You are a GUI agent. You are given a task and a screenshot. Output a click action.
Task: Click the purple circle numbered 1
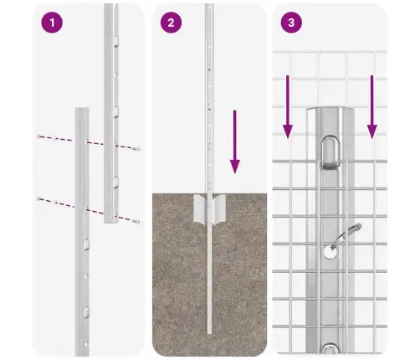[52, 23]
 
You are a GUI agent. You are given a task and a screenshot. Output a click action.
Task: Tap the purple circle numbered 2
[172, 23]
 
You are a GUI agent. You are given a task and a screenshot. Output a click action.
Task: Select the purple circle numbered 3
[290, 23]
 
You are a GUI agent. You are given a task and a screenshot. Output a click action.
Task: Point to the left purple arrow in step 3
[287, 105]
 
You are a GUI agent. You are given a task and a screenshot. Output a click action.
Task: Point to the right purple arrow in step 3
[372, 105]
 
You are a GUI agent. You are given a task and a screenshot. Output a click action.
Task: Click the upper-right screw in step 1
[137, 148]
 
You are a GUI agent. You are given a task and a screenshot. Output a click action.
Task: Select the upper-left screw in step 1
[38, 136]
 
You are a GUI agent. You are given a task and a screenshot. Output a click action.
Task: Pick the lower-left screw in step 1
[38, 199]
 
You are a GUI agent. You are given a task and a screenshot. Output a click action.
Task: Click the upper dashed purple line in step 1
[88, 141]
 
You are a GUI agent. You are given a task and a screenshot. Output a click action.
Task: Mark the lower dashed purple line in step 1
[87, 209]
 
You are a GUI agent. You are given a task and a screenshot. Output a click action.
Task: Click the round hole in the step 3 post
[329, 249]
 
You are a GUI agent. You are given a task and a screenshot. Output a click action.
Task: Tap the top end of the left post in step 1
[80, 110]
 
